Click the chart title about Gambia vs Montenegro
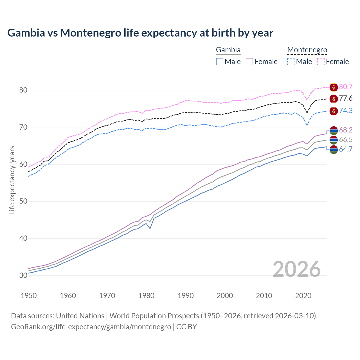140,33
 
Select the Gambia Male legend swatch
220,62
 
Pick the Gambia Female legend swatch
249,62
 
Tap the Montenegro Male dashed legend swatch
291,62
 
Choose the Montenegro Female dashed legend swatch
321,62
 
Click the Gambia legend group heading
228,50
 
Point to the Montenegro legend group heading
307,50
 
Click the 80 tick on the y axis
23,90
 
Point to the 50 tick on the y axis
23,201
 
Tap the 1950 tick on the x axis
29,296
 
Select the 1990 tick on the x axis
186,296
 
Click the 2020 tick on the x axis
303,296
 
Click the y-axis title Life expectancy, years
12,180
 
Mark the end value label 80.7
346,87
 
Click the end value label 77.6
346,98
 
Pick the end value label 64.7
346,149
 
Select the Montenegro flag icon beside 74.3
334,111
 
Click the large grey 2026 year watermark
296,269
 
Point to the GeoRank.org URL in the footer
91,327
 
